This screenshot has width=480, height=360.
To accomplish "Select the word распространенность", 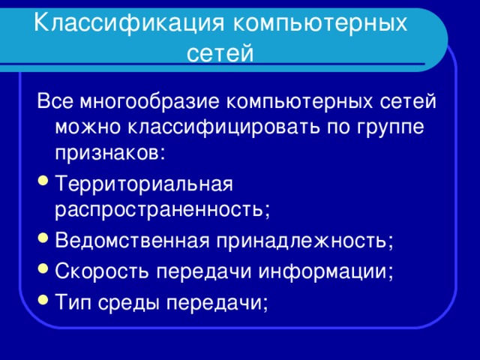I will point(160,209).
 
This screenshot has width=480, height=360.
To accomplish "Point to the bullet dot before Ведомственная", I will point(42,242).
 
